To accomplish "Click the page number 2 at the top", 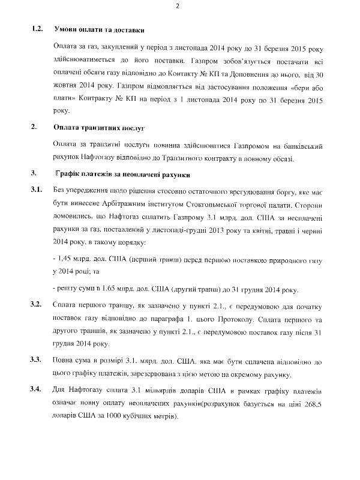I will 178,6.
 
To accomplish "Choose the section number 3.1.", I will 36,190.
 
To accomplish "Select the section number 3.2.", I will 36,305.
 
